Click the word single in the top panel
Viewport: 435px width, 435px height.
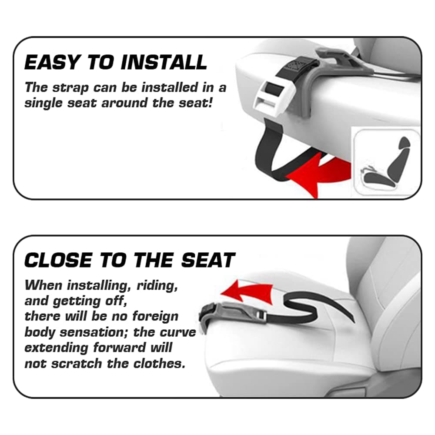pos(43,103)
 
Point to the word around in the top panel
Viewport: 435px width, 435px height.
pos(124,103)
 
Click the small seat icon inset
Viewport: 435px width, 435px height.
pos(387,162)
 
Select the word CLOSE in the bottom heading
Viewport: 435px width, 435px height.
pos(58,260)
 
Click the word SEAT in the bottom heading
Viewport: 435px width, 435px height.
pos(208,260)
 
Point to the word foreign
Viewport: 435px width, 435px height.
pos(155,317)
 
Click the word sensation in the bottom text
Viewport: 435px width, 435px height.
pos(94,332)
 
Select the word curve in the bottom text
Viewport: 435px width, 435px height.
pos(177,332)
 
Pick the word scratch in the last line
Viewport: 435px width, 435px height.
pos(81,363)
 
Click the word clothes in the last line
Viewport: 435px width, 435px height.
pos(160,363)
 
